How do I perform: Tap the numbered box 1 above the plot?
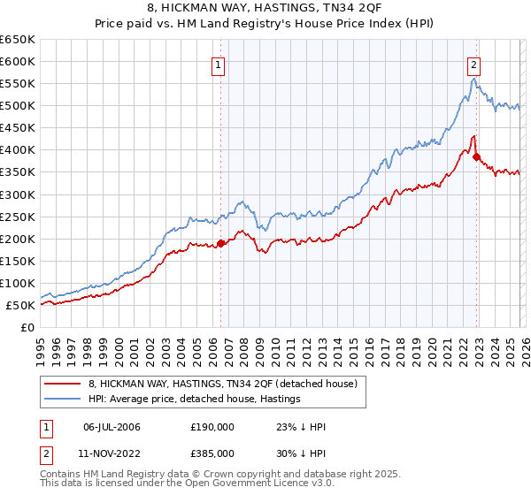218,64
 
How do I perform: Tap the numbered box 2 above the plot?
474,64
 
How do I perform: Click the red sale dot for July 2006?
220,243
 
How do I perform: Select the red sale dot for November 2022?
477,157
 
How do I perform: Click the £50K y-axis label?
20,305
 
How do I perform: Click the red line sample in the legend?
65,385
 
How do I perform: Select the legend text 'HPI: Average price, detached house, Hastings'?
195,400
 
